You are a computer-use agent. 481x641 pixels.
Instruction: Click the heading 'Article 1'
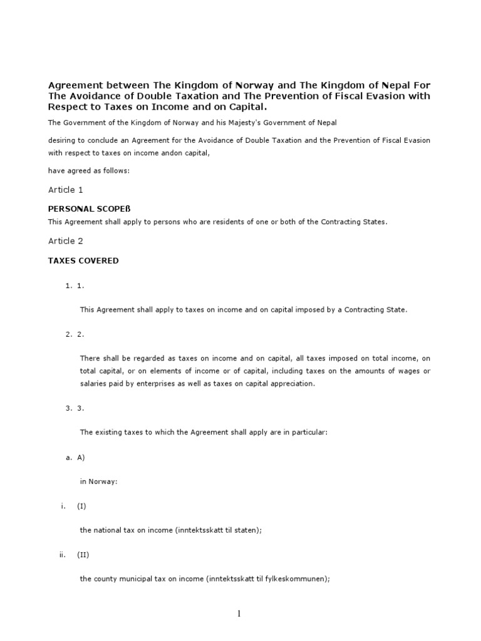tap(66, 190)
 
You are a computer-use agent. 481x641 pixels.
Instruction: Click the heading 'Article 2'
tap(66, 241)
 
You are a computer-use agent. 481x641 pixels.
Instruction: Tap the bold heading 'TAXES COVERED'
tap(83, 260)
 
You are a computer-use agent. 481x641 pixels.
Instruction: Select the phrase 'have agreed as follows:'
tap(89, 170)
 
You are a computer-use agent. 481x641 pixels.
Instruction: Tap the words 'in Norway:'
tap(99, 481)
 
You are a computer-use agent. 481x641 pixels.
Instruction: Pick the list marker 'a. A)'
tap(75, 458)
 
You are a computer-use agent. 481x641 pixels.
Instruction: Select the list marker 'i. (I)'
tap(73, 506)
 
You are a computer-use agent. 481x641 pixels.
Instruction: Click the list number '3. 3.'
tap(75, 408)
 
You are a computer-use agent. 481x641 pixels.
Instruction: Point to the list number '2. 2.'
tap(75, 334)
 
